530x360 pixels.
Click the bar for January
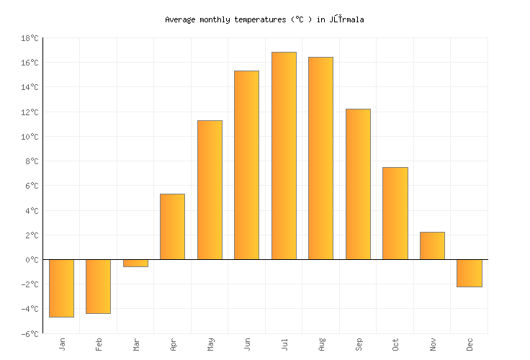click(x=61, y=288)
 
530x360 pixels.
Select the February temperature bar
click(x=98, y=287)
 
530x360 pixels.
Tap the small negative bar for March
click(x=135, y=263)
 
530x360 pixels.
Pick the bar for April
click(x=172, y=227)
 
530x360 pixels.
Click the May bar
click(x=210, y=190)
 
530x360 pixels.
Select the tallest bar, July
click(x=284, y=156)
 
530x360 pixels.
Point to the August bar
click(x=320, y=158)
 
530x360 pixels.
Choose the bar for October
click(x=395, y=213)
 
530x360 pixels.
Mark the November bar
click(x=432, y=246)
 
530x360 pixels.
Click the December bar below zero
click(x=469, y=273)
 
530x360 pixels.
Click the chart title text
click(x=264, y=20)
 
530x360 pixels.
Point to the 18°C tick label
click(x=30, y=38)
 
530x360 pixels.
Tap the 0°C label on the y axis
click(x=32, y=260)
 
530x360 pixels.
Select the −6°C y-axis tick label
click(x=30, y=333)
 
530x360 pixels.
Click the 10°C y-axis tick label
click(x=30, y=137)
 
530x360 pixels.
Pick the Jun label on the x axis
click(x=247, y=345)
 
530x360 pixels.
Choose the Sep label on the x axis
click(x=358, y=345)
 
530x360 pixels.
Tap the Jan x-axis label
click(x=62, y=345)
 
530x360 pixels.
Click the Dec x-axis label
click(x=470, y=345)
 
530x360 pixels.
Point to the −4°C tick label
click(x=30, y=309)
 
